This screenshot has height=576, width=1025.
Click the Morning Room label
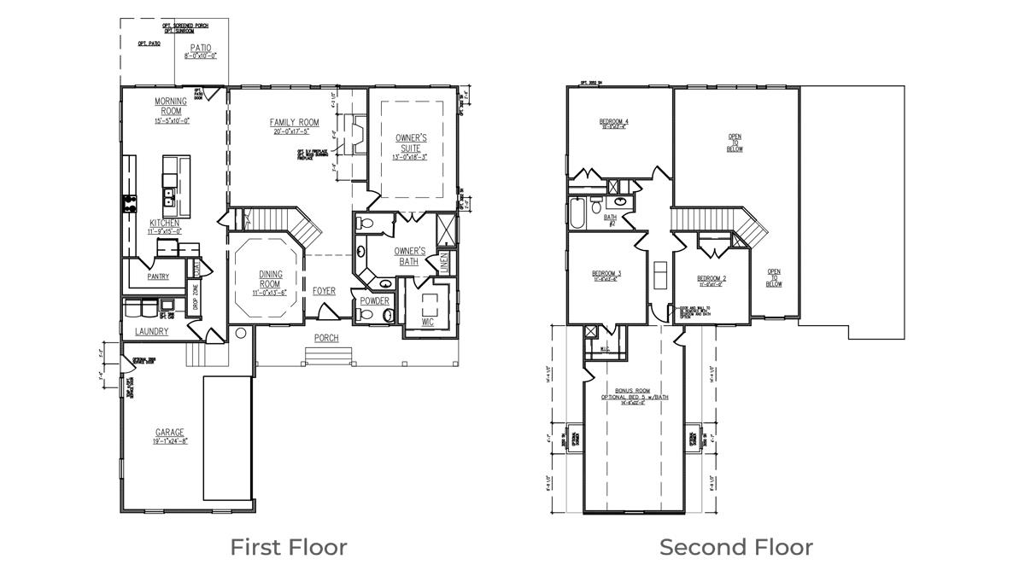tap(171, 106)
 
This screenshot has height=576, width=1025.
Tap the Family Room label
tap(296, 123)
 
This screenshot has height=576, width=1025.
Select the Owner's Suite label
tap(412, 143)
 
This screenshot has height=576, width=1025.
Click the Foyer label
tap(324, 291)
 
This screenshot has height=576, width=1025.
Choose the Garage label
tap(170, 433)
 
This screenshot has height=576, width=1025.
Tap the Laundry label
tap(151, 331)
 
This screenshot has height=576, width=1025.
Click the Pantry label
tap(157, 276)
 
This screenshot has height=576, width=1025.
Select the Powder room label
tap(374, 301)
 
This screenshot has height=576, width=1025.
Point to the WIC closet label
tap(427, 323)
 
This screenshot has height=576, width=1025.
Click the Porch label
tap(326, 338)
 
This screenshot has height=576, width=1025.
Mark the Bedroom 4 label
tap(614, 122)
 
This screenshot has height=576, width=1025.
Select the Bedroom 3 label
tap(606, 274)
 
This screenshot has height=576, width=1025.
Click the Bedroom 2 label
tap(711, 279)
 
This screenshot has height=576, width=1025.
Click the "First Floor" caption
tap(289, 547)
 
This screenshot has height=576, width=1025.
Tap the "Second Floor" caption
tap(735, 547)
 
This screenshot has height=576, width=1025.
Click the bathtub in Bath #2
tap(578, 212)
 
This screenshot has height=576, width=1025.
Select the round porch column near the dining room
tap(241, 333)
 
